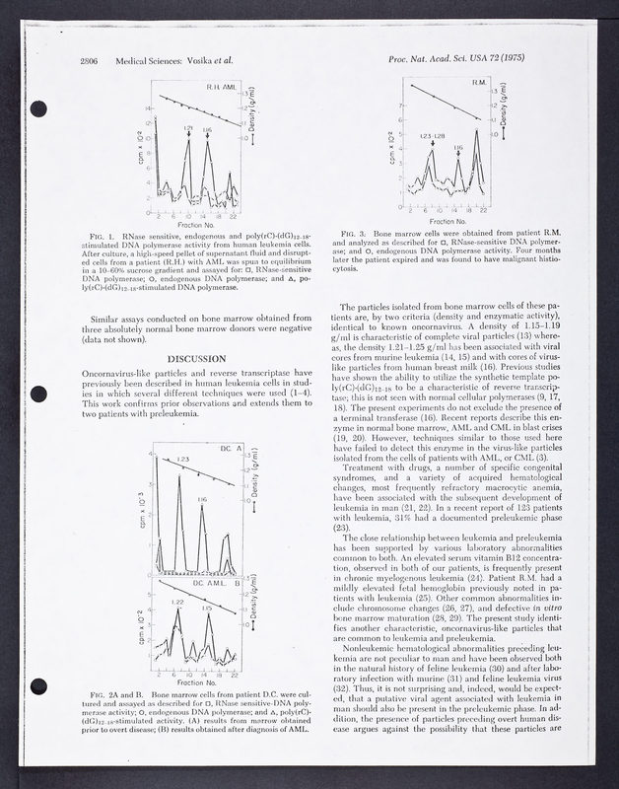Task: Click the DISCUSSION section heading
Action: pos(199,357)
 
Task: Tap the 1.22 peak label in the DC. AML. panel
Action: pos(177,602)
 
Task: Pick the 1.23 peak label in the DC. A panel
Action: pos(182,460)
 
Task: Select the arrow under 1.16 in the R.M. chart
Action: pos(457,158)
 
